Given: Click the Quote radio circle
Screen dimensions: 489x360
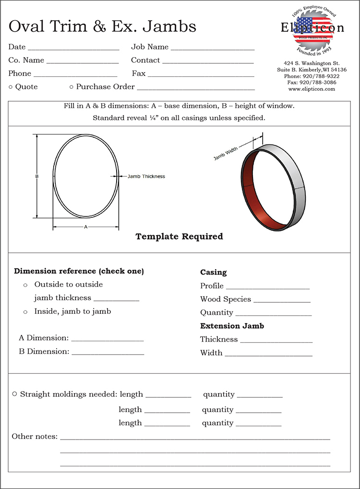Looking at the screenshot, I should [11, 87].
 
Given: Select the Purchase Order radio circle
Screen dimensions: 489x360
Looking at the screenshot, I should [72, 87].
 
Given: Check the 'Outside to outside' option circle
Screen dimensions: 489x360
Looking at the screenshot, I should [25, 286].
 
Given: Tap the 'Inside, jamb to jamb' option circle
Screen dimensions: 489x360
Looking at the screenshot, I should [25, 312].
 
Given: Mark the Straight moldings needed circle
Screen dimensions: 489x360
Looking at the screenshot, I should [15, 394].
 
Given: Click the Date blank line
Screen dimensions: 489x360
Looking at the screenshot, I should [73, 49].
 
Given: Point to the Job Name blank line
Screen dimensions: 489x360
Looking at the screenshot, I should [212, 49].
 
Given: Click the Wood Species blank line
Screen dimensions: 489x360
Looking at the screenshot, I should [282, 301].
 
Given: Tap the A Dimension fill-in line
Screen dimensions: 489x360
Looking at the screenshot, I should [107, 340].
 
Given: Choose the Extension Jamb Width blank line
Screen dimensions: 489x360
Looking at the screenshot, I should [268, 355].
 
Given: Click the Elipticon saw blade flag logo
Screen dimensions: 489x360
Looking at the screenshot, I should [312, 30].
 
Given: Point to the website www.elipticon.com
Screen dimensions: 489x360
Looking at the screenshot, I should [312, 89].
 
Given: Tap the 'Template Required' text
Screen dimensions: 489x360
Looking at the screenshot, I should [179, 237].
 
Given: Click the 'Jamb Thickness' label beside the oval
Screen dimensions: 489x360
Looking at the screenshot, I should [146, 177].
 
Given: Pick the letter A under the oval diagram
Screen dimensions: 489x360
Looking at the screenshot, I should [85, 227].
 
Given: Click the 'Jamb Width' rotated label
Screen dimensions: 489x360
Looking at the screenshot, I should [226, 153].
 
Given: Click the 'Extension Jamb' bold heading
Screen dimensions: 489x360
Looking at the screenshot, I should [232, 326].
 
